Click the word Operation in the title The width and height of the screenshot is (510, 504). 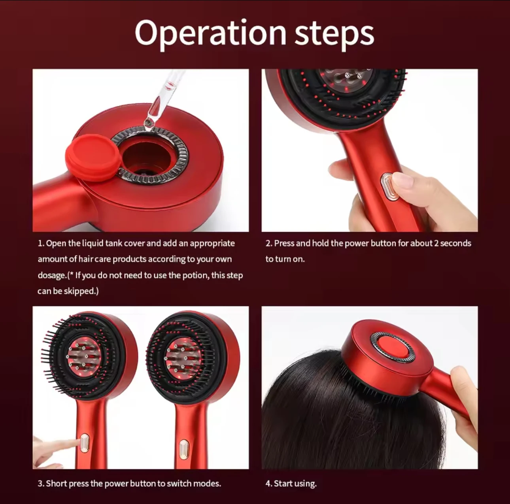pyautogui.click(x=210, y=33)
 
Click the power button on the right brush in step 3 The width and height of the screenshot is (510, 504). pyautogui.click(x=183, y=449)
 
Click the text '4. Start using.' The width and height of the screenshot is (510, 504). pyautogui.click(x=291, y=483)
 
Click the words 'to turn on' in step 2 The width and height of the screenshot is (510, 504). pyautogui.click(x=285, y=259)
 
